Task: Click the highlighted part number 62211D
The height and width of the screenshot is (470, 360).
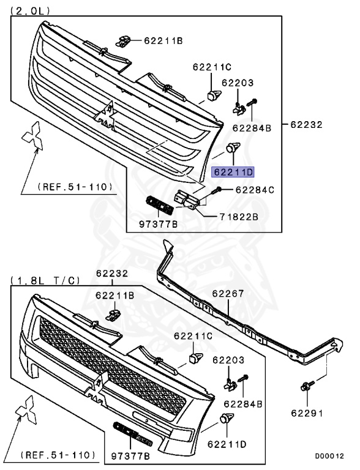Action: tap(232, 172)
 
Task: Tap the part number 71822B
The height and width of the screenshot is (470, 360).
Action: tap(238, 217)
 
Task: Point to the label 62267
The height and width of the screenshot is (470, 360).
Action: tap(228, 294)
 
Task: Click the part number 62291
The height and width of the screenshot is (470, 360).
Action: tap(307, 413)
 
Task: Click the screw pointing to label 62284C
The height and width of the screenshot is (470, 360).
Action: tap(214, 192)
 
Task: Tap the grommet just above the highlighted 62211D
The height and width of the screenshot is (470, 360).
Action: tap(233, 147)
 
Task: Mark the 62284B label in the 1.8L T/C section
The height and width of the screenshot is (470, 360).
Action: tap(243, 404)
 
